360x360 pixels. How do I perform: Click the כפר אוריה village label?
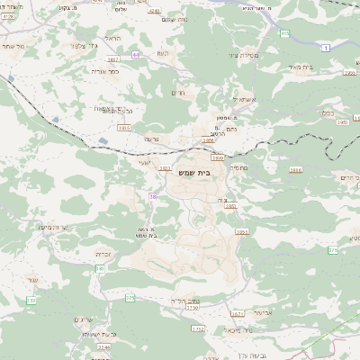(106, 69)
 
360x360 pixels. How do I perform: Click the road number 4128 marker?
(8, 15)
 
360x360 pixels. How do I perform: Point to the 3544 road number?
(105, 346)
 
